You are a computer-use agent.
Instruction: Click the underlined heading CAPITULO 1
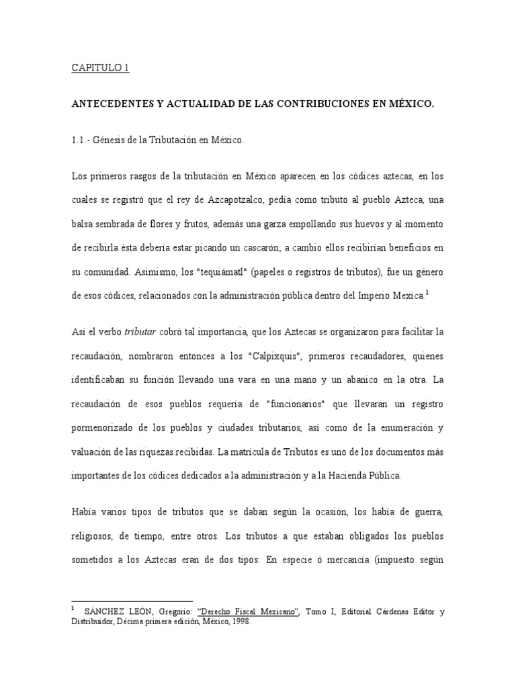100,69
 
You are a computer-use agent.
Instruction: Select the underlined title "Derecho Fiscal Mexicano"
246,611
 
